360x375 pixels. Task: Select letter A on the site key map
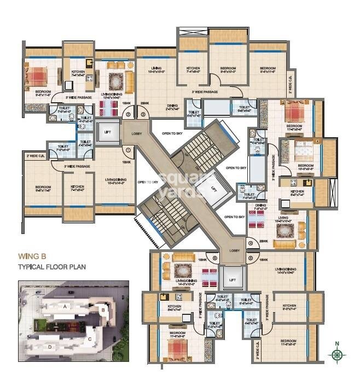click(x=65, y=306)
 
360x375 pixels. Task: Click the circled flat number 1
click(x=128, y=149)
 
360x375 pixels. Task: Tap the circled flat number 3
click(x=143, y=115)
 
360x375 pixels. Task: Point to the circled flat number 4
click(x=250, y=244)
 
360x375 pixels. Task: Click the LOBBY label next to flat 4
click(x=235, y=250)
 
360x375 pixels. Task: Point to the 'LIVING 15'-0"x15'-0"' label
click(x=155, y=68)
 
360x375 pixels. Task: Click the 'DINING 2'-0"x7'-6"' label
click(x=172, y=107)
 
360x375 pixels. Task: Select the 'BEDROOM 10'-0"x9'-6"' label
click(x=305, y=167)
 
